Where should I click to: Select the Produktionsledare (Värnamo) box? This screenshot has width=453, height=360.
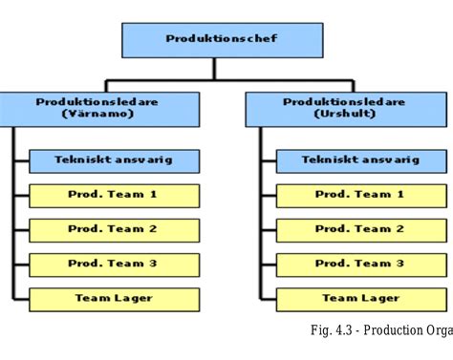(x=99, y=108)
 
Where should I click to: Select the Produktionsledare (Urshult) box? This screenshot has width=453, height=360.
(x=345, y=108)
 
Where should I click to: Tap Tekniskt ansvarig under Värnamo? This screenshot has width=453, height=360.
(x=114, y=160)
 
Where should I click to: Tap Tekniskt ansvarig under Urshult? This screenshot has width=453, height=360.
(x=360, y=160)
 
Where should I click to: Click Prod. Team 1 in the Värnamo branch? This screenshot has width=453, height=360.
(x=114, y=195)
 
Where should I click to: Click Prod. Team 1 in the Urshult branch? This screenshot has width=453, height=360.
(x=360, y=195)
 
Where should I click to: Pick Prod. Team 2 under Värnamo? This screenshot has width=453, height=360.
(x=114, y=229)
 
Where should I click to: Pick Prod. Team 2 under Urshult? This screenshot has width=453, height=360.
(x=360, y=229)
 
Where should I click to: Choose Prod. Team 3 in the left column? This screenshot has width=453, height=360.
(x=114, y=264)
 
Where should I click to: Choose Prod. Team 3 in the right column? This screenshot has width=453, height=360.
(x=360, y=264)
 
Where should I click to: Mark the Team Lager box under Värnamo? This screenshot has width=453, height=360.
(x=114, y=299)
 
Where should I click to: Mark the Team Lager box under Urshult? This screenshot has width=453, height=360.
(x=360, y=299)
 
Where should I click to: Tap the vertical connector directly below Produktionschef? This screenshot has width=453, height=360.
(x=214, y=68)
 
